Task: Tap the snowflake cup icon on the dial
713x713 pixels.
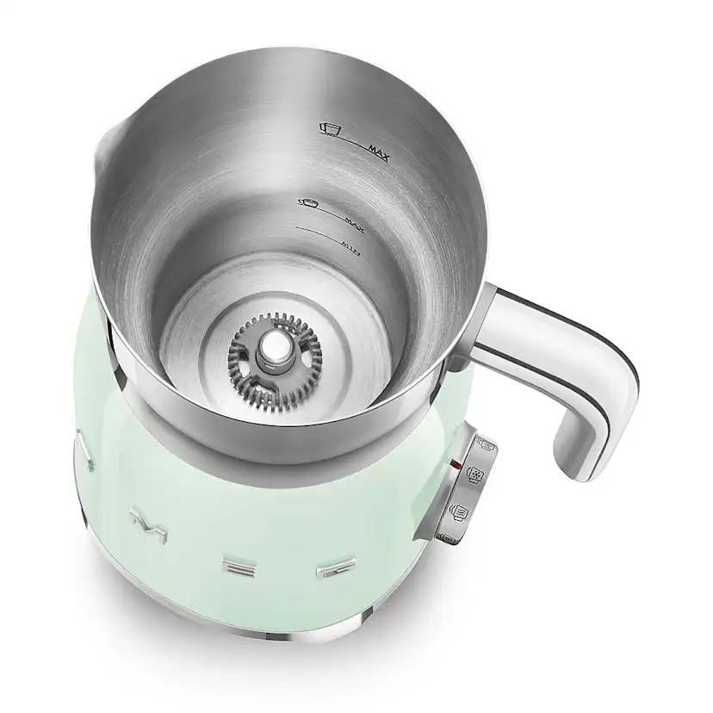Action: [x=474, y=475]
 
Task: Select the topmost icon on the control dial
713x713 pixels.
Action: [x=486, y=444]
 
